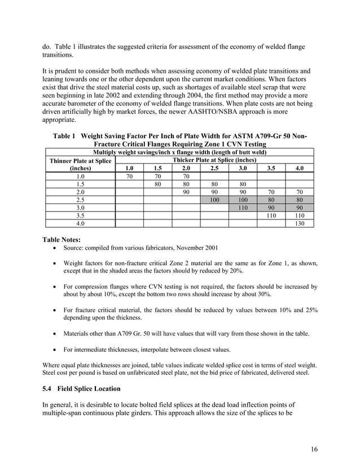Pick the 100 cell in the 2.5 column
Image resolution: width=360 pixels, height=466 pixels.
(x=214, y=200)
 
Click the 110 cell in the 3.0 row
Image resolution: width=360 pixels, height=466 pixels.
(x=243, y=208)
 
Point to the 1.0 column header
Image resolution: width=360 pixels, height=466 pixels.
(x=129, y=168)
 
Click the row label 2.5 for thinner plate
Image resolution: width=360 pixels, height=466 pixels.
(x=80, y=200)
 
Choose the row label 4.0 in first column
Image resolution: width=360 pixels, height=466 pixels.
(x=80, y=223)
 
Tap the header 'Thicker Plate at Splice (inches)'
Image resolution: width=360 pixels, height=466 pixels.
(x=214, y=160)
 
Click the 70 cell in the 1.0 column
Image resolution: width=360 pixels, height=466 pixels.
(x=129, y=176)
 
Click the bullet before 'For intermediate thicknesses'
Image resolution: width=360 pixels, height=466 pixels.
(x=53, y=349)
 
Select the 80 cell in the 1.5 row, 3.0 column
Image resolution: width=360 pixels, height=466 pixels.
(x=243, y=184)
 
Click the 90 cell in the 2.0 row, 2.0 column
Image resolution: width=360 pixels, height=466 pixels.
(x=186, y=192)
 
